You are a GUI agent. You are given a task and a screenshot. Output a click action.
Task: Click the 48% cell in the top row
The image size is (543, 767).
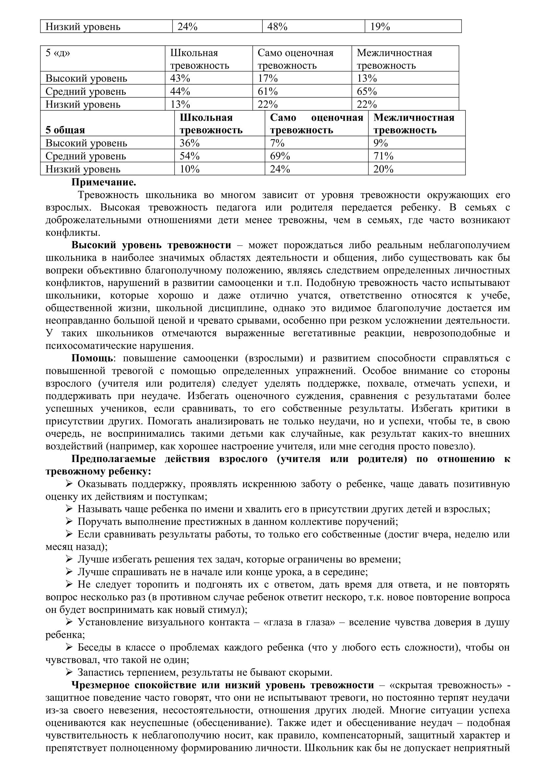tap(277, 27)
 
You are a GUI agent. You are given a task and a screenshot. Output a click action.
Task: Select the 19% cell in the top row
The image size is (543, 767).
tap(380, 27)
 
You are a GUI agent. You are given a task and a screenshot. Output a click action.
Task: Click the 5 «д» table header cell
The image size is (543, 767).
tap(58, 53)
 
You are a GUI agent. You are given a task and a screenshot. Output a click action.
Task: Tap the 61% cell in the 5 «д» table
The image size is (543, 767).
tap(268, 91)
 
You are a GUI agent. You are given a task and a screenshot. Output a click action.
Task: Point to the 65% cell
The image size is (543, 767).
tap(367, 91)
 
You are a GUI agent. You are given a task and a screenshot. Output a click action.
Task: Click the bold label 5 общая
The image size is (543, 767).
tap(65, 130)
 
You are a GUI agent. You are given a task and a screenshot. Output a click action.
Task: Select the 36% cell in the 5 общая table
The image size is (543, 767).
tap(189, 143)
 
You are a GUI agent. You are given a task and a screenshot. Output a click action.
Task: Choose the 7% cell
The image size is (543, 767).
tap(277, 143)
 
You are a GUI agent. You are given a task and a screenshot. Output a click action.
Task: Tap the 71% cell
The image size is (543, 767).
tap(383, 156)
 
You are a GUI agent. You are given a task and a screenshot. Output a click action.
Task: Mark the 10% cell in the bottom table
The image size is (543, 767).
tap(189, 169)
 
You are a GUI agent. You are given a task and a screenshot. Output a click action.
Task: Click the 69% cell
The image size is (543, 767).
tap(280, 156)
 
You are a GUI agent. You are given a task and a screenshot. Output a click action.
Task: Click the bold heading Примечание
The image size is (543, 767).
tap(104, 182)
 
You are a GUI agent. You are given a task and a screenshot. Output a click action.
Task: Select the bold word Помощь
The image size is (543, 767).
tap(92, 358)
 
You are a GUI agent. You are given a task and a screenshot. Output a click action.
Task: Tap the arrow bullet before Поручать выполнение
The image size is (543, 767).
tap(69, 521)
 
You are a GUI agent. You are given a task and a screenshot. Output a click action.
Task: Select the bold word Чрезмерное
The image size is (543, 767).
tap(101, 685)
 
